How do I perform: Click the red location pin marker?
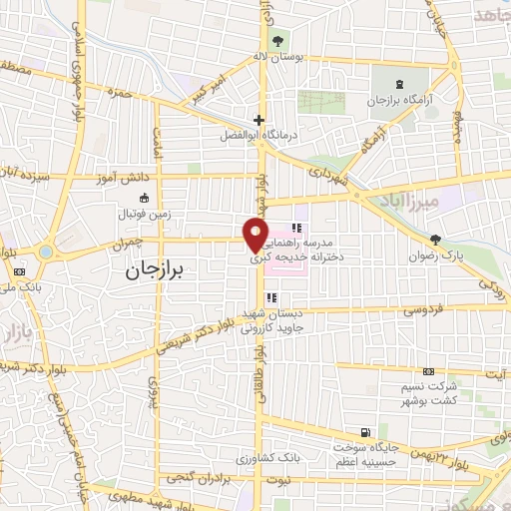[256, 233]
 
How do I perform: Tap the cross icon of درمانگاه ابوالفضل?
[258, 120]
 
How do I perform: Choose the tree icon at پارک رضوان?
[435, 239]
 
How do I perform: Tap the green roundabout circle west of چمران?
[45, 252]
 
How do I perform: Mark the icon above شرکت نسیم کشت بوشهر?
[428, 370]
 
